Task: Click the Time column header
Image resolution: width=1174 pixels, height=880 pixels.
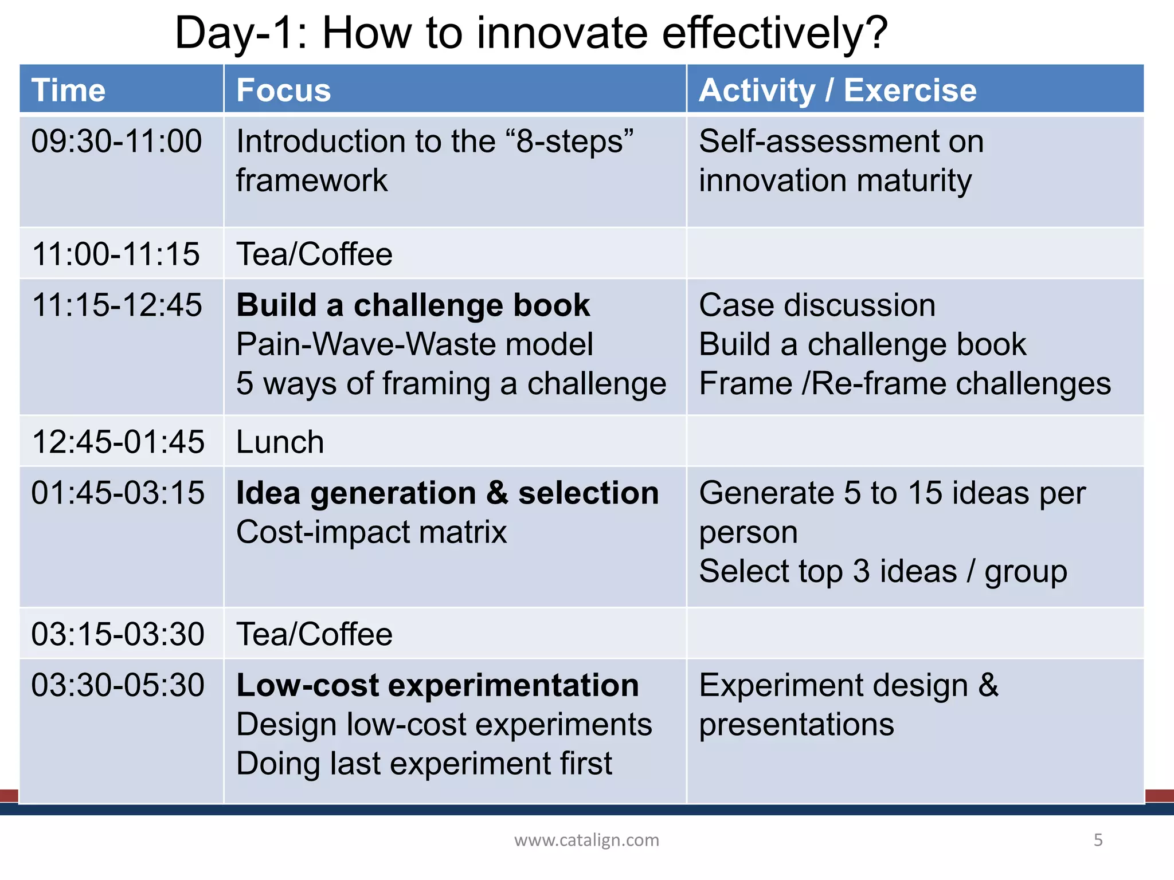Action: [69, 91]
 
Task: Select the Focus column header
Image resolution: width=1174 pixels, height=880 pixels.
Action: [284, 91]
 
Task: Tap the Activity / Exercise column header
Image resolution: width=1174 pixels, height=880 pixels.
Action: [838, 91]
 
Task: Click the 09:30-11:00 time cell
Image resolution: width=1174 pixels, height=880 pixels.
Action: [116, 142]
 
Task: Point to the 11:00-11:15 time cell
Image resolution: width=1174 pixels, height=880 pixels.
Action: [116, 254]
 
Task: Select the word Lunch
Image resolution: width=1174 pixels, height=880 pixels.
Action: [280, 442]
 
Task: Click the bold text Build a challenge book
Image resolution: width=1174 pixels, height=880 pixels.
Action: [413, 305]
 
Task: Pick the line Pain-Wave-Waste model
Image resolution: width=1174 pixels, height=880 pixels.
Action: [414, 344]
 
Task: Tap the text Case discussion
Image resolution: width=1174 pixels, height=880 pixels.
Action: [817, 305]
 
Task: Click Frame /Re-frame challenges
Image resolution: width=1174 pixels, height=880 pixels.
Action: [905, 383]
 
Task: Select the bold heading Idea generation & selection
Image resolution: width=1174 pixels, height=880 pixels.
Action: [447, 493]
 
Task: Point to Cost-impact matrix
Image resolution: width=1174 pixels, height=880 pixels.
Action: [371, 532]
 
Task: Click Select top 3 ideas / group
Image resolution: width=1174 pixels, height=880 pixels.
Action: [883, 572]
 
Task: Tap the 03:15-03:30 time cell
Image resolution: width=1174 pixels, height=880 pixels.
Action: [118, 634]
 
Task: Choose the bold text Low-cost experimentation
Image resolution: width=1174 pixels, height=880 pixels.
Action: [437, 685]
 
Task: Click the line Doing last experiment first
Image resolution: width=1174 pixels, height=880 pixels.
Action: [424, 764]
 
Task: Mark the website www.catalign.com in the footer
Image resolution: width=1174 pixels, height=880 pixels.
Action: [586, 840]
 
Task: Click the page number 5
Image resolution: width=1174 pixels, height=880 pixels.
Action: [1098, 840]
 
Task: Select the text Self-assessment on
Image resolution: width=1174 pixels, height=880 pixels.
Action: [841, 142]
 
